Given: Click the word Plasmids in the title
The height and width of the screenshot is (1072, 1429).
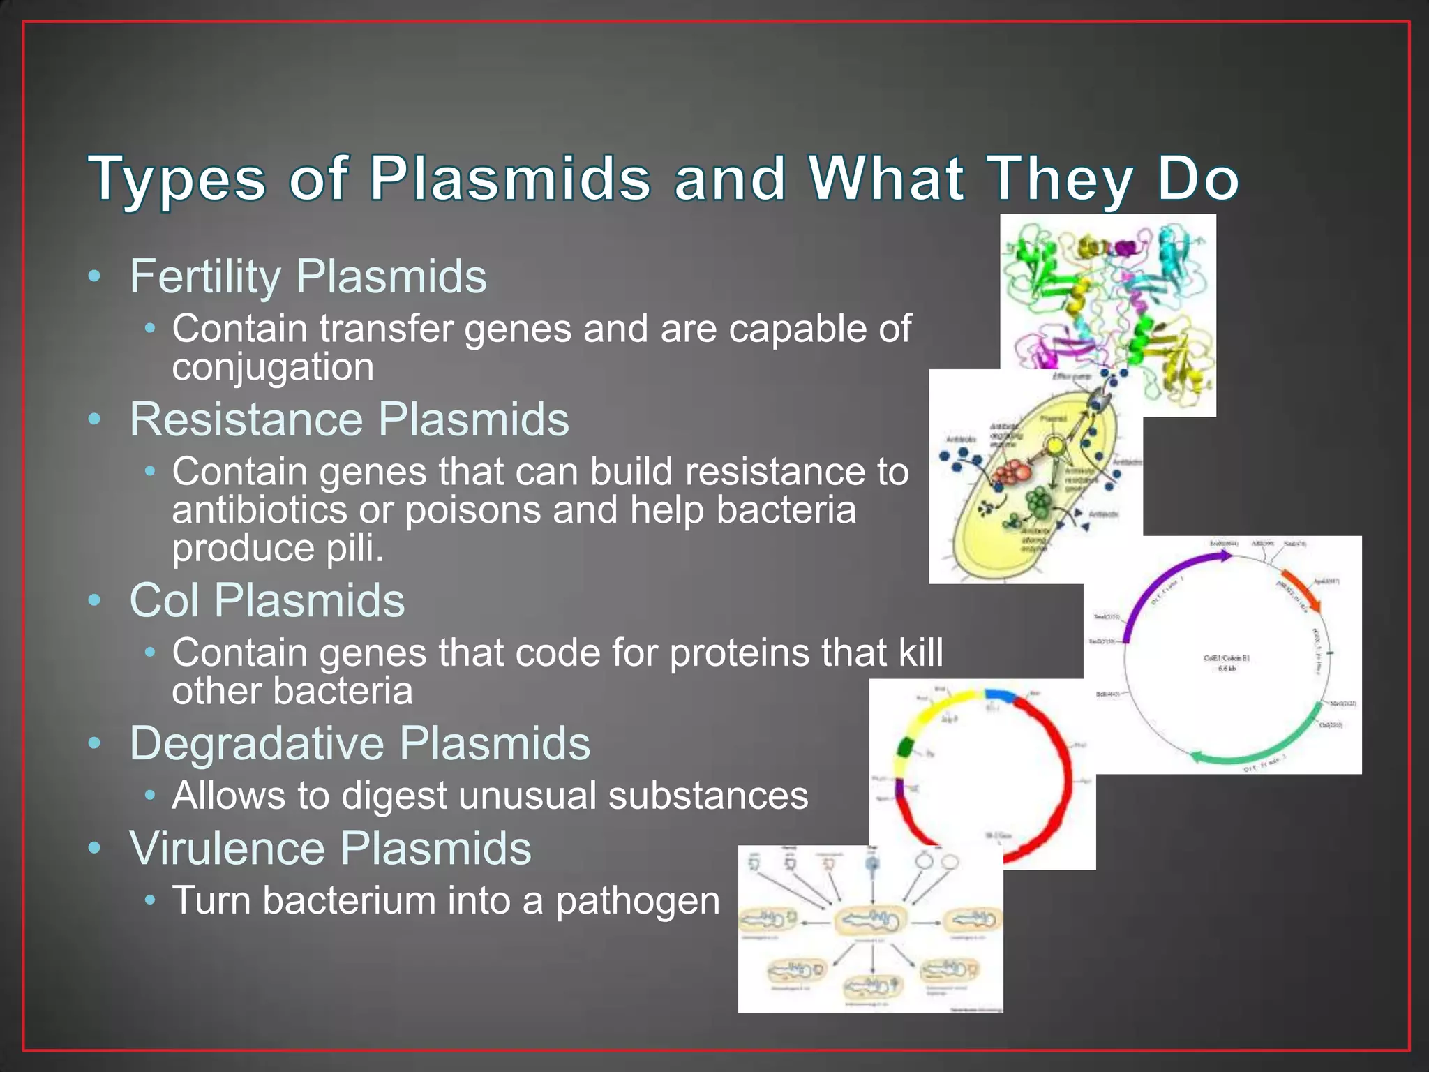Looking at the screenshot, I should click(509, 178).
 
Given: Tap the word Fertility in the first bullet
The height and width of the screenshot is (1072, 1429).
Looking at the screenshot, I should click(204, 277).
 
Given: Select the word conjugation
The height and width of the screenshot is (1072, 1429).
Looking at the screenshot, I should click(273, 368).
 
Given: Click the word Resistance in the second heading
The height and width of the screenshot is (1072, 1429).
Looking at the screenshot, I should click(246, 420).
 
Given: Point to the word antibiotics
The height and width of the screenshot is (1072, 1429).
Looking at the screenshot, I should click(259, 510).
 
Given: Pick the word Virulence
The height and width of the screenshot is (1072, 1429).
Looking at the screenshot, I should click(227, 849).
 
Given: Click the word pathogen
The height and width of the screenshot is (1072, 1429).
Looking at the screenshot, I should click(638, 900).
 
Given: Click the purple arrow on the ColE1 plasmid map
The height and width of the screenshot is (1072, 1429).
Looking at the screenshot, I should click(1158, 586).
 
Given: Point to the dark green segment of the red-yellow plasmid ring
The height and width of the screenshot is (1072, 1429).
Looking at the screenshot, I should click(905, 746).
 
